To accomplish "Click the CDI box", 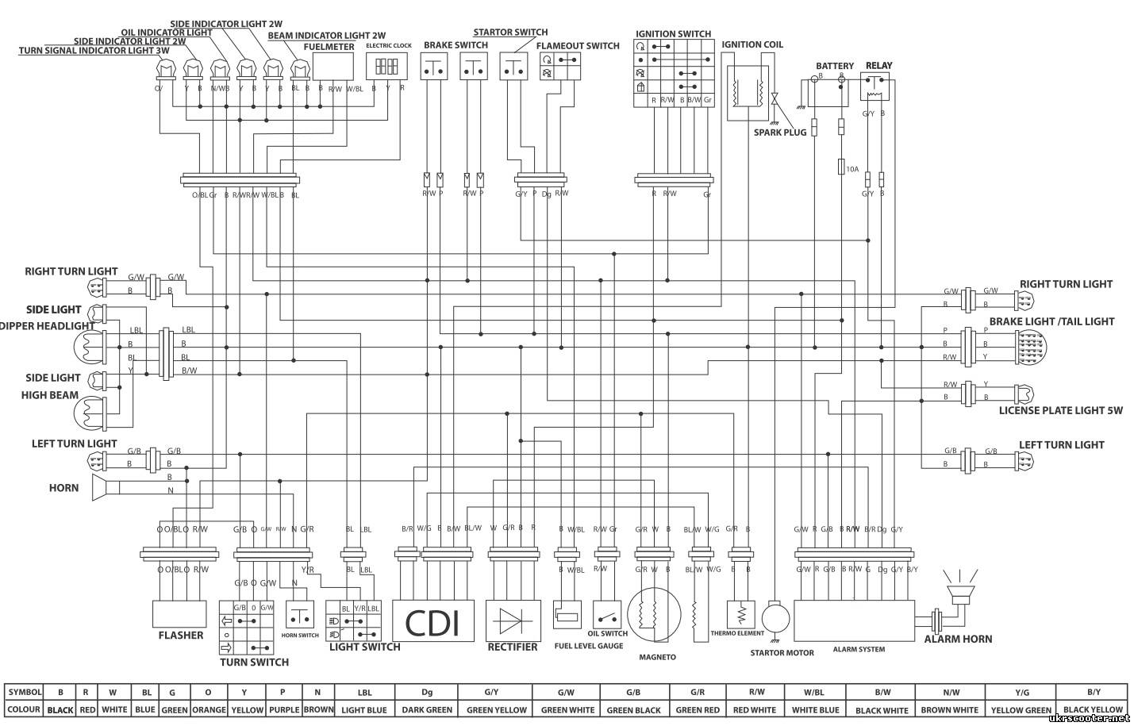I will pos(433,621).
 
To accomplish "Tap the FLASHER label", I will pos(181,635).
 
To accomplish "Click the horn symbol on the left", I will pos(101,487).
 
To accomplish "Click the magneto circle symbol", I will pos(654,615).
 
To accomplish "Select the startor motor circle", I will pos(776,617).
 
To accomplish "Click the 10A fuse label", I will pos(852,169).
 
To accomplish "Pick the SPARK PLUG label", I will pos(779,133).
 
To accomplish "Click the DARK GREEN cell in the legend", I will pos(426,709).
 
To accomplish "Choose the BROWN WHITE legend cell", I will pos(949,709).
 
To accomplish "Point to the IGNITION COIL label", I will pos(752,45).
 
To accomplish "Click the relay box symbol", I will pos(875,86).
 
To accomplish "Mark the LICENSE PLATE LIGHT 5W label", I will pos(1061,410).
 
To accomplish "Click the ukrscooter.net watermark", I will pos(1088,718).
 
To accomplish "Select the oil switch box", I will pos(607,615).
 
